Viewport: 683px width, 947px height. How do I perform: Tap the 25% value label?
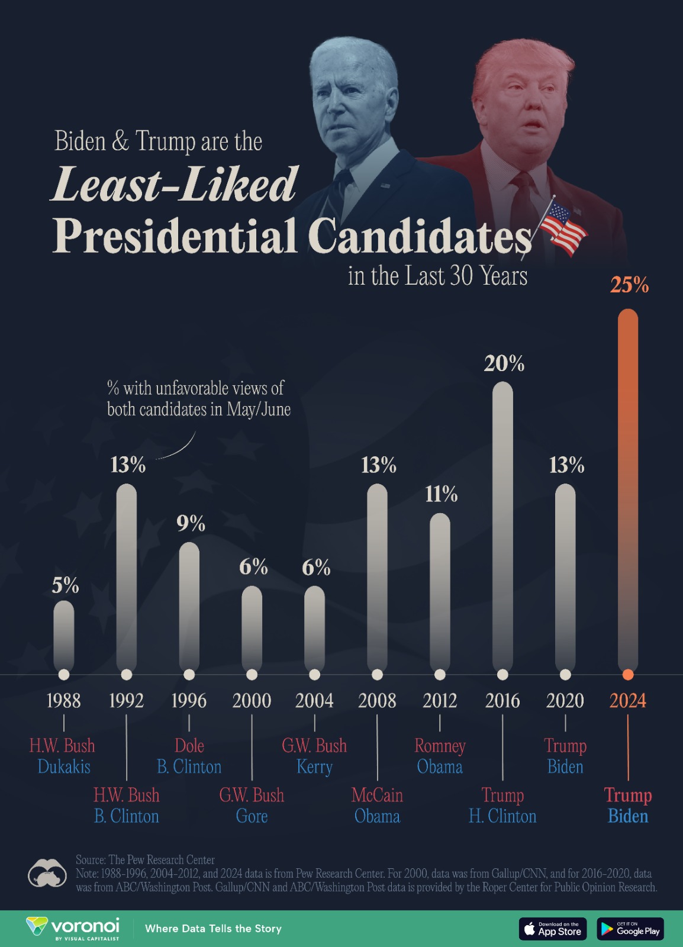tap(629, 285)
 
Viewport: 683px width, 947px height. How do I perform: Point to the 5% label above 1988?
tap(65, 585)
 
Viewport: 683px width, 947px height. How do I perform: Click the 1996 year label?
tap(189, 701)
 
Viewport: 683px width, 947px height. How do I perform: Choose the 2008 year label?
tap(377, 701)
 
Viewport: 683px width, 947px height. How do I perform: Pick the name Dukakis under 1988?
tap(64, 766)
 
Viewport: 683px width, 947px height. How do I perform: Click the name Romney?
tap(440, 745)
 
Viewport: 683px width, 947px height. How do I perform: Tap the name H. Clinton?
tap(502, 816)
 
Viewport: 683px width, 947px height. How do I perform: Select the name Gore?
tap(252, 816)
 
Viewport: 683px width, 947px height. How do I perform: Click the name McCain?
tap(377, 795)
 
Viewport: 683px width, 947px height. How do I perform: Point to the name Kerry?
tap(314, 766)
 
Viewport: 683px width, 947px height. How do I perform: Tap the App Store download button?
tap(553, 929)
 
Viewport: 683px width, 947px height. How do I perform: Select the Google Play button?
tap(630, 929)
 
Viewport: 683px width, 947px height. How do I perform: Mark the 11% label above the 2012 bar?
tap(442, 494)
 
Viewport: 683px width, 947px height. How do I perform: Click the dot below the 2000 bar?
tap(252, 675)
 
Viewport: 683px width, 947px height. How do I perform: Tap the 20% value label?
tap(504, 363)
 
